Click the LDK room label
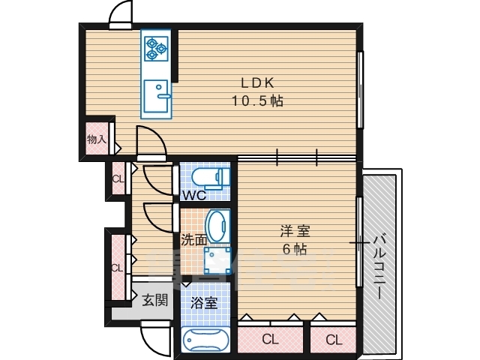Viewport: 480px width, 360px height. [257, 83]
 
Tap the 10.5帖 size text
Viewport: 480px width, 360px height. [257, 100]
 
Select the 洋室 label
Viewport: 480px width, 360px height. [295, 231]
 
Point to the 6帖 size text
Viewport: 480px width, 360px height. [295, 250]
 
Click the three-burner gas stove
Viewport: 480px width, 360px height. [157, 48]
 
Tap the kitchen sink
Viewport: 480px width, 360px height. [156, 97]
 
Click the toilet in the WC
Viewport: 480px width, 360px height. [211, 178]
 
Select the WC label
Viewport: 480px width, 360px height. [194, 195]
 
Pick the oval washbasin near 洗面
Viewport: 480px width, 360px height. [217, 226]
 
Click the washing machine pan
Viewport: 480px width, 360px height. [217, 261]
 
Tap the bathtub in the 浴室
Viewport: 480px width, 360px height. [205, 340]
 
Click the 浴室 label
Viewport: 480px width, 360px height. [204, 303]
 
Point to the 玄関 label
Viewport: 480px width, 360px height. [155, 300]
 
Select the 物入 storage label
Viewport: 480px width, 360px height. [97, 139]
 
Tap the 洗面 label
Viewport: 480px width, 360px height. [194, 240]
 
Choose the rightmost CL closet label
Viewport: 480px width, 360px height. [334, 340]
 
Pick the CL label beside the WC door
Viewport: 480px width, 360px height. [118, 179]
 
